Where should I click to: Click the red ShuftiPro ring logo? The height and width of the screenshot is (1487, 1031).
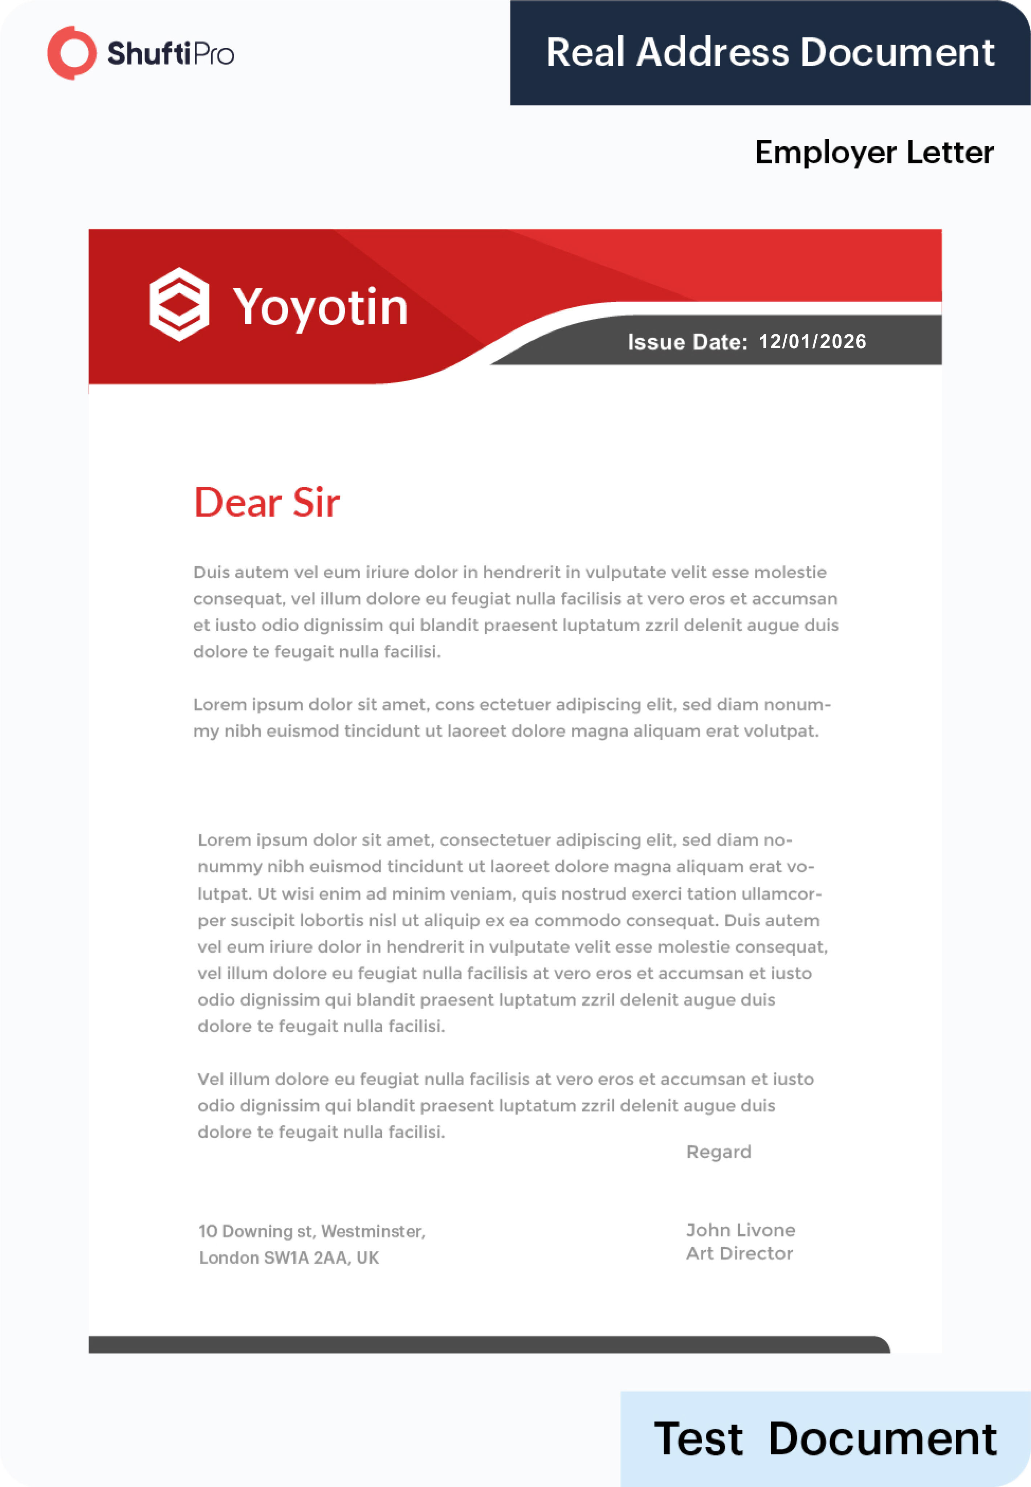72,53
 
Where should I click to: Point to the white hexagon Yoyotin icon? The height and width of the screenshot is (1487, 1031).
179,304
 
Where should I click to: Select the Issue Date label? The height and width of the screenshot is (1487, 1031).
687,342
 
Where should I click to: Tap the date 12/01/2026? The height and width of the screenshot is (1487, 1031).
812,341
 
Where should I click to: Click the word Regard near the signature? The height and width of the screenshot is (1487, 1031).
718,1152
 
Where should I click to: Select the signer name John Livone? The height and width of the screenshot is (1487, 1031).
740,1230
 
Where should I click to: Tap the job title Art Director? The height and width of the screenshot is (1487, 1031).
739,1253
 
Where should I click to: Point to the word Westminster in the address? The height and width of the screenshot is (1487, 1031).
373,1231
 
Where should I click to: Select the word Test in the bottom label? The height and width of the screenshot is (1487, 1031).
698,1439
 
